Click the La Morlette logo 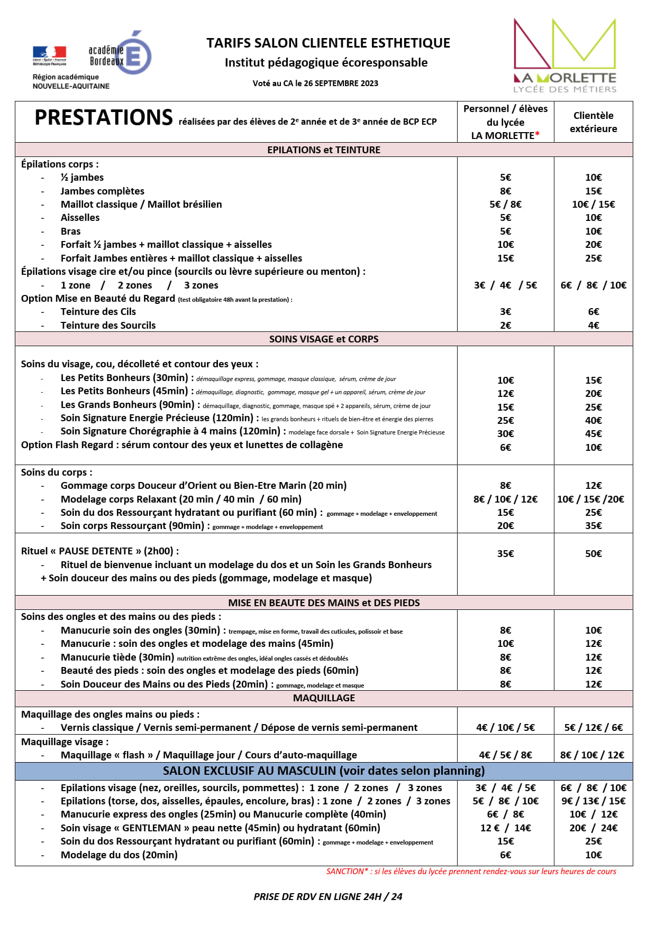564,56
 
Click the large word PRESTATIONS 104,117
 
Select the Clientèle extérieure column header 593,122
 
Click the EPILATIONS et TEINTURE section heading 324,150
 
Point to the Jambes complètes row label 102,191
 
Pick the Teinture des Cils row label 98,312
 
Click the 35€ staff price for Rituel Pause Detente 505,554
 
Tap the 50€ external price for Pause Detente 593,554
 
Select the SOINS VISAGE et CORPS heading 324,339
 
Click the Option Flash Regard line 181,445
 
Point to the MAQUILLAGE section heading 324,698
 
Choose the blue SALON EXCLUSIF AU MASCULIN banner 324,771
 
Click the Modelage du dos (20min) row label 119,855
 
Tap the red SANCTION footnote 471,872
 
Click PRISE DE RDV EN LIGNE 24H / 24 328,897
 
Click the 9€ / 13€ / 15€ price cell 593,801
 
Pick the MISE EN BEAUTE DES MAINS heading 324,603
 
